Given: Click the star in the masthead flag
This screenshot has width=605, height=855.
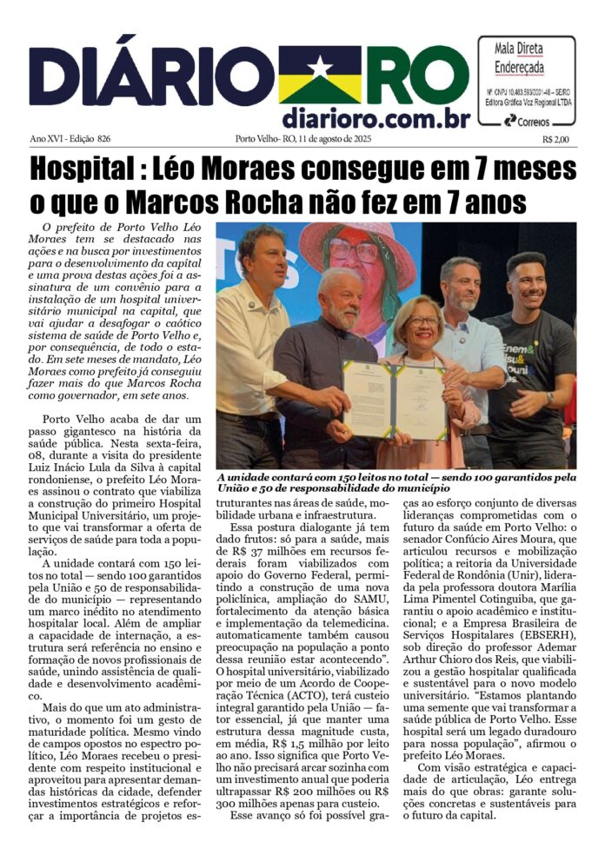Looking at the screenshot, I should coord(320,68).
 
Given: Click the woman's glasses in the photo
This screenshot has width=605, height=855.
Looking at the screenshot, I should coord(423,321).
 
